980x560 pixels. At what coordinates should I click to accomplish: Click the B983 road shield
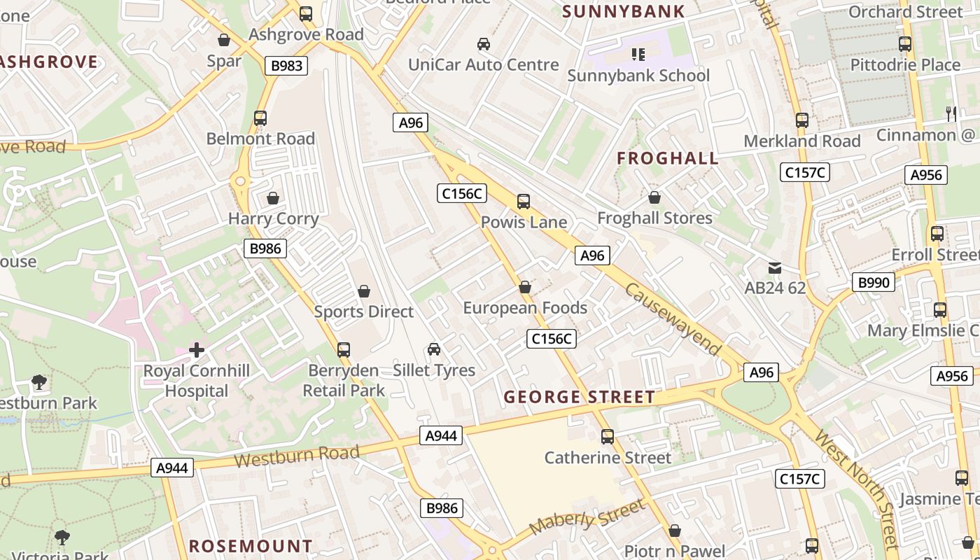(x=286, y=66)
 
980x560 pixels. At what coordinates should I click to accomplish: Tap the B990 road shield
(x=874, y=283)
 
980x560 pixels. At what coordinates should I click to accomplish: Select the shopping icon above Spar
(x=224, y=40)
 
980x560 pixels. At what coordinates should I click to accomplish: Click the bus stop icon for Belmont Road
(x=260, y=118)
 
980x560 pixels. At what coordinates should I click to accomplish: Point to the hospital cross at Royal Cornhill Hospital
(x=197, y=349)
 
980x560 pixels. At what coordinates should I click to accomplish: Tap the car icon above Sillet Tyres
(x=434, y=349)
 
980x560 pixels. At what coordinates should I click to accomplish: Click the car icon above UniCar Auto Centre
(x=483, y=45)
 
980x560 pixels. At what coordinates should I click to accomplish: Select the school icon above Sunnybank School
(x=638, y=54)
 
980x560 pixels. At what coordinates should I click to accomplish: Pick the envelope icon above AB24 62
(x=775, y=268)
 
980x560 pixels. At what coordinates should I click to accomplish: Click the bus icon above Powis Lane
(x=524, y=202)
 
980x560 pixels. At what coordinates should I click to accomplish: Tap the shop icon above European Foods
(x=525, y=287)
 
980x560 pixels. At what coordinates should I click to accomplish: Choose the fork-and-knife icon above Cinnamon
(x=951, y=113)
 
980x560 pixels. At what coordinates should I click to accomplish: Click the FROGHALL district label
(x=668, y=158)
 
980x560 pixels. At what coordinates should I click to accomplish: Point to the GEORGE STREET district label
(x=580, y=397)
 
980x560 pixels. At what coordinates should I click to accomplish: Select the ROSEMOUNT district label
(x=251, y=546)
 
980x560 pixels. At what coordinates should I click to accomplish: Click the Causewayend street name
(x=672, y=318)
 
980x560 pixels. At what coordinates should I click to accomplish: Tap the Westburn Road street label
(x=297, y=456)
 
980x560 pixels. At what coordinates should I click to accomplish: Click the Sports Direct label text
(x=364, y=311)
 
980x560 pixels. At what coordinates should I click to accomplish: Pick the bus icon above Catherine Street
(x=608, y=437)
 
